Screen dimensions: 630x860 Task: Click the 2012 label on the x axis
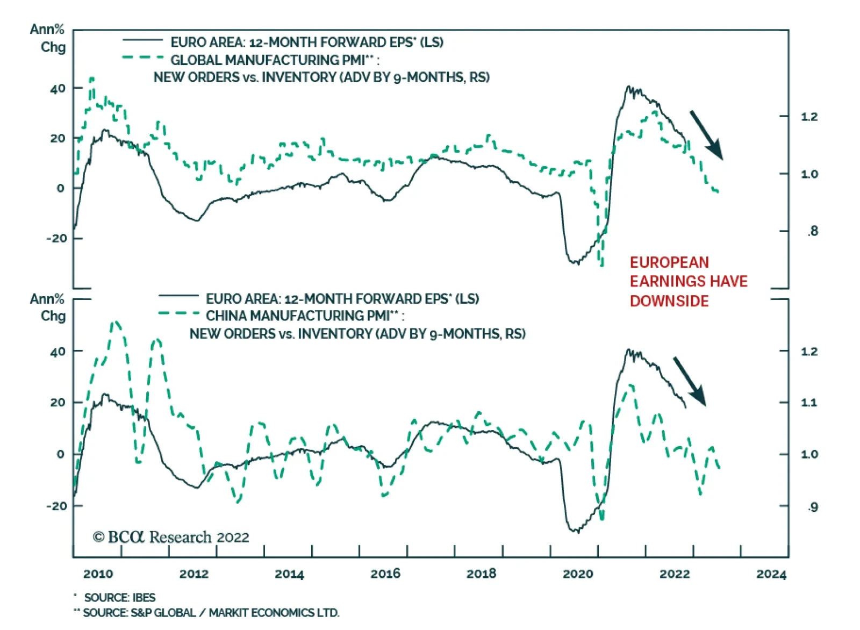[193, 574]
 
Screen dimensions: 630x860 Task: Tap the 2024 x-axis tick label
[771, 574]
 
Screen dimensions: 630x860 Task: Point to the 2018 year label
[481, 574]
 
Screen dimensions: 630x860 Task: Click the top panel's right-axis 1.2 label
[809, 117]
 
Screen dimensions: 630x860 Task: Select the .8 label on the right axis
[812, 231]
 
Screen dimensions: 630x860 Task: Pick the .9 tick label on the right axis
[812, 507]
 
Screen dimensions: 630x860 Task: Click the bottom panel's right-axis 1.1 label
[809, 403]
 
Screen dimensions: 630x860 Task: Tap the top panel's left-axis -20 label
[57, 238]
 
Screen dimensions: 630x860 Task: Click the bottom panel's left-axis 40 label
[58, 352]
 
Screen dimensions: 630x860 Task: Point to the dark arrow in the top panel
[706, 135]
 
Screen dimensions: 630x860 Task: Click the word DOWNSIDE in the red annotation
[669, 301]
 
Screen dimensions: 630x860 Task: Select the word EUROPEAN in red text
[669, 262]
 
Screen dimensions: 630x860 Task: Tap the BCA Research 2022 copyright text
[171, 537]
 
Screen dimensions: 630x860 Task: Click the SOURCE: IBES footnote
[119, 597]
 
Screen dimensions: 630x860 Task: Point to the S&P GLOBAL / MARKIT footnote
[211, 613]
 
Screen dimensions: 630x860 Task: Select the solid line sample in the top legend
[142, 40]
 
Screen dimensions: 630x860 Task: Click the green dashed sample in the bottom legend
[178, 313]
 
